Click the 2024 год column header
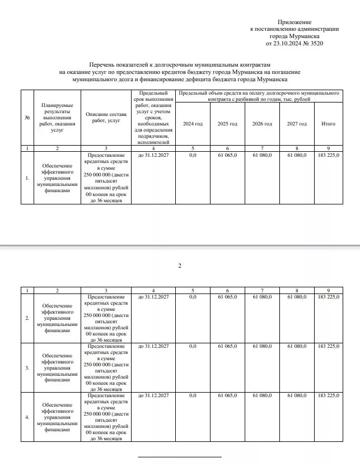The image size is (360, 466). tap(193, 123)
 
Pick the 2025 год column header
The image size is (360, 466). tap(227, 123)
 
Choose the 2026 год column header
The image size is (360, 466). tap(261, 123)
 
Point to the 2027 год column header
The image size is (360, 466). tap(296, 123)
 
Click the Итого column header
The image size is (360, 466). tap(328, 123)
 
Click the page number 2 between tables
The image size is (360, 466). tap(180, 265)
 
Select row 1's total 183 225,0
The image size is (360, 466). tap(328, 155)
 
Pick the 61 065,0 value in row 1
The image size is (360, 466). tap(227, 155)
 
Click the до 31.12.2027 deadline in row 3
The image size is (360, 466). tap(153, 347)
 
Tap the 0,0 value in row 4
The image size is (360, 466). tap(193, 396)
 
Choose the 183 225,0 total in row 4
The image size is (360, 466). tap(328, 396)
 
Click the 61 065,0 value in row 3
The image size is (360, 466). tap(227, 347)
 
